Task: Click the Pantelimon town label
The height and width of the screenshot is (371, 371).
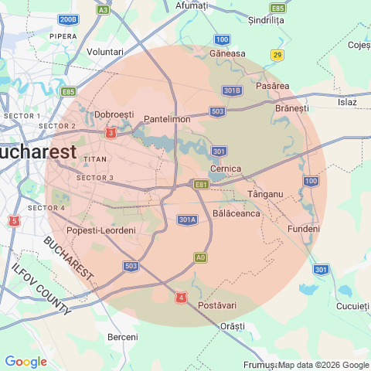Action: click(x=167, y=119)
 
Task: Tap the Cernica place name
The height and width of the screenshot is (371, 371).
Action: click(x=226, y=168)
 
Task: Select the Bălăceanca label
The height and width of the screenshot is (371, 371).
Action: click(x=236, y=213)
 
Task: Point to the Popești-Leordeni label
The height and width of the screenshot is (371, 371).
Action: click(x=102, y=230)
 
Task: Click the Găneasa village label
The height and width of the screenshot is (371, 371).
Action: click(x=227, y=53)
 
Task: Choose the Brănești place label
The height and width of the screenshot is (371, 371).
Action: click(x=291, y=108)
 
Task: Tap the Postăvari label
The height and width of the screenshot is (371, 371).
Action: click(x=217, y=306)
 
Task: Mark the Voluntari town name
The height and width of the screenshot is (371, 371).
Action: click(x=106, y=51)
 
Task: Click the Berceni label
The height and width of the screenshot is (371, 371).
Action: click(x=122, y=337)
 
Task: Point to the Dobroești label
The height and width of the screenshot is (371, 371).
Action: click(x=114, y=114)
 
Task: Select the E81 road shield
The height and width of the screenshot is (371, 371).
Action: click(x=202, y=185)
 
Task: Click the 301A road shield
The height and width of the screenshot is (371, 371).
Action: click(x=187, y=220)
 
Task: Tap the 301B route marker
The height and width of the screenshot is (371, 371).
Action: click(x=232, y=90)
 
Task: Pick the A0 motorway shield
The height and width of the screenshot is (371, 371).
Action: click(x=200, y=257)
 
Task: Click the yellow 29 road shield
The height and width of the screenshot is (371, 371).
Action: click(x=277, y=54)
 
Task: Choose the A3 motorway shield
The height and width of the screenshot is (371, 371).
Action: click(x=103, y=10)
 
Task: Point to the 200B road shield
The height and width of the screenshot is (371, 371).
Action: click(x=68, y=19)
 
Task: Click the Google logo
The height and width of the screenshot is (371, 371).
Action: click(x=26, y=361)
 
